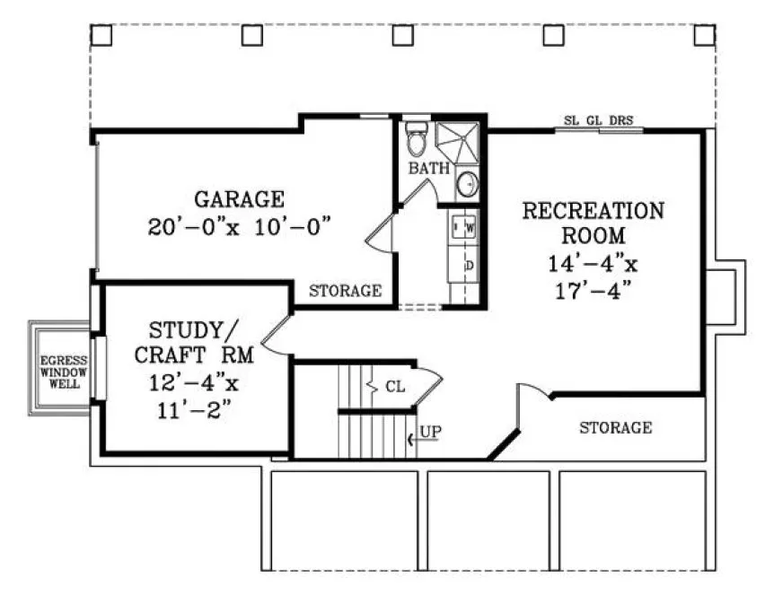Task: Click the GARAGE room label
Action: click(x=239, y=198)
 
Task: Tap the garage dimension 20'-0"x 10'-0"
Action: click(x=241, y=225)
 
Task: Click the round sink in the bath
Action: click(x=467, y=185)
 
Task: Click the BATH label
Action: click(x=428, y=168)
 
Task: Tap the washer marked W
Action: click(x=469, y=228)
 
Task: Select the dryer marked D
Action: click(x=468, y=266)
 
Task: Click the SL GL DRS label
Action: click(x=598, y=119)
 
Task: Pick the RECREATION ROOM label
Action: click(x=594, y=223)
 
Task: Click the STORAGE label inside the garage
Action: click(x=346, y=291)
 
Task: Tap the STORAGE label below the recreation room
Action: click(x=615, y=427)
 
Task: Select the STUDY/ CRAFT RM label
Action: click(x=194, y=340)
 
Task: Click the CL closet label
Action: click(x=395, y=387)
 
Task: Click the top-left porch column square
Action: click(x=101, y=34)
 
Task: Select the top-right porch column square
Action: click(x=705, y=34)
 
